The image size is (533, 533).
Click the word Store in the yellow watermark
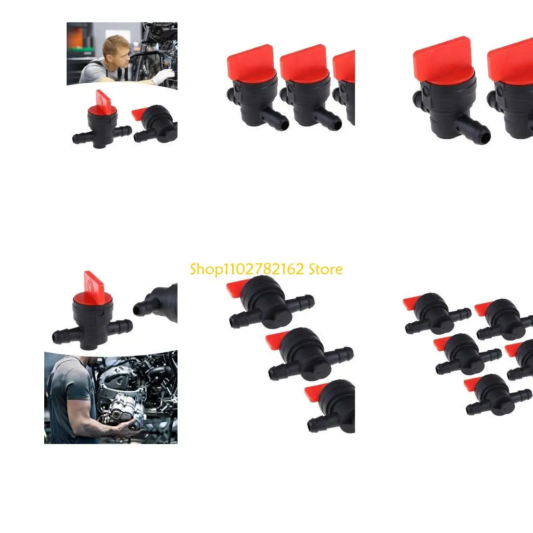click(325, 269)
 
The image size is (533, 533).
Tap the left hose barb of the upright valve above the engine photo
click(60, 336)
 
